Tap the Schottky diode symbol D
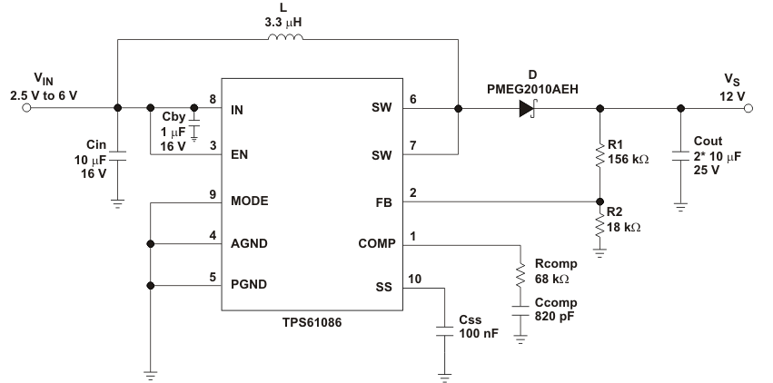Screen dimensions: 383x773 (x=527, y=109)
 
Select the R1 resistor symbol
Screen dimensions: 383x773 (x=600, y=154)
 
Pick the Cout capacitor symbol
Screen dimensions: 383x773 (x=680, y=155)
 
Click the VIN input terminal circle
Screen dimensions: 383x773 (x=25, y=109)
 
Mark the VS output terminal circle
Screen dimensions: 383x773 (x=748, y=109)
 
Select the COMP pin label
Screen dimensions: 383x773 (x=374, y=244)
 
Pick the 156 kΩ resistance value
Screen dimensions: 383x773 (x=630, y=159)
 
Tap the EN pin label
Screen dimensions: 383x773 (x=241, y=154)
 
